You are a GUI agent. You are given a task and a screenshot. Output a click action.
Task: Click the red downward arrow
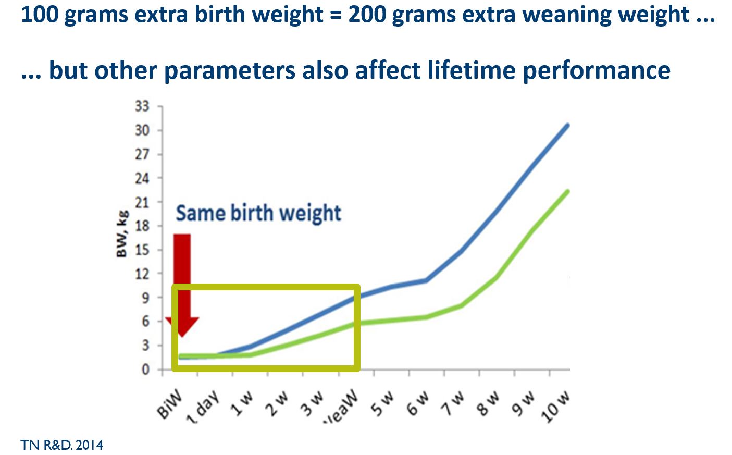click(182, 281)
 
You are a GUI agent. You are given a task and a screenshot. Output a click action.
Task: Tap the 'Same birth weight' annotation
click(258, 213)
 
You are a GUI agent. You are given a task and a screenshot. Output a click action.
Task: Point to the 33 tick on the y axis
click(142, 106)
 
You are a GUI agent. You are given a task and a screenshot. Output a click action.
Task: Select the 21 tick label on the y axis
click(142, 202)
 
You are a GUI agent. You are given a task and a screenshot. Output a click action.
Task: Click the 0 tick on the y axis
click(145, 370)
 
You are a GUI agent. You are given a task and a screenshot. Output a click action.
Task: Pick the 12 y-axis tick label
click(142, 274)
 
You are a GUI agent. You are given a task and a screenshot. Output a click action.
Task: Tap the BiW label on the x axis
click(170, 404)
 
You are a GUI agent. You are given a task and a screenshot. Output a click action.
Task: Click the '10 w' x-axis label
click(555, 407)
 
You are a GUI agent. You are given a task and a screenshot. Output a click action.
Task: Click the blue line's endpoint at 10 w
click(567, 125)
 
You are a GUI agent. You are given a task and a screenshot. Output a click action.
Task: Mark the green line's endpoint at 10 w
click(567, 191)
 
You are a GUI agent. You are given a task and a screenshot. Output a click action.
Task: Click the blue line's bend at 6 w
click(427, 280)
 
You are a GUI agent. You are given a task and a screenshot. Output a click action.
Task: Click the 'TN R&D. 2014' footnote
click(62, 445)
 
